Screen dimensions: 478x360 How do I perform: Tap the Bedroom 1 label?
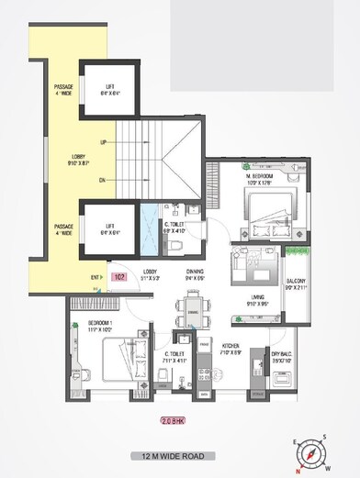pyautogui.click(x=100, y=326)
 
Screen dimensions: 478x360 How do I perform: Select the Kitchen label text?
pyautogui.click(x=231, y=346)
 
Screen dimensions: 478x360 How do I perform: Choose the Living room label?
pyautogui.click(x=259, y=297)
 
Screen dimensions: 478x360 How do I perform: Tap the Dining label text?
pyautogui.click(x=195, y=272)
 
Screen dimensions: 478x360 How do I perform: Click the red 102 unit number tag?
pyautogui.click(x=118, y=276)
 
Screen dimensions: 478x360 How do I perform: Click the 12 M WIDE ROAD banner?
pyautogui.click(x=179, y=455)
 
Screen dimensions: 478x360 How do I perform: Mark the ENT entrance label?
pyautogui.click(x=96, y=276)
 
